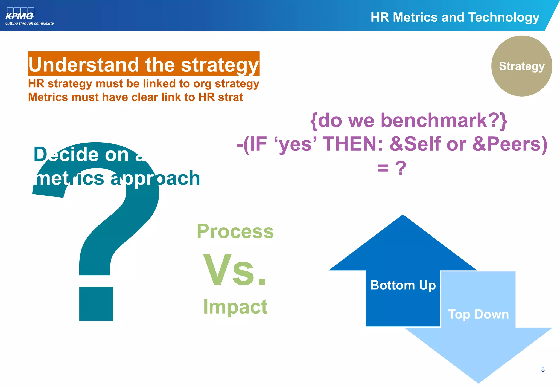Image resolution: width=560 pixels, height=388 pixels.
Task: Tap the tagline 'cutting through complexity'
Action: tap(30, 24)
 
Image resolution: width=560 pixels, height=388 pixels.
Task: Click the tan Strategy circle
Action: tap(521, 66)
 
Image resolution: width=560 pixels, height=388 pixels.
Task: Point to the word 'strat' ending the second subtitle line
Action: tap(230, 97)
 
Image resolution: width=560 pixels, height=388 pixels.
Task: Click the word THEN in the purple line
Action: tap(353, 144)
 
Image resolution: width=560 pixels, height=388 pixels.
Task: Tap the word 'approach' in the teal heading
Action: tap(155, 178)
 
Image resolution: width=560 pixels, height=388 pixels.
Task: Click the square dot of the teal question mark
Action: tap(96, 304)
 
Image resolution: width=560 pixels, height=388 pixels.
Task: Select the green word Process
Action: tap(235, 231)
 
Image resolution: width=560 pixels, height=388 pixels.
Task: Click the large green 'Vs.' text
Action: tap(235, 270)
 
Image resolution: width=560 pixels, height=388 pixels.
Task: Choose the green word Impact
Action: tap(235, 307)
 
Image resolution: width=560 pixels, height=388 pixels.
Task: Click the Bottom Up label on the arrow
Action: tap(403, 285)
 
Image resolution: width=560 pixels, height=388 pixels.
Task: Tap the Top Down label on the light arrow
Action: tap(478, 314)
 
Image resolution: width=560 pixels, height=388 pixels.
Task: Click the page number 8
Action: tap(543, 369)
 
